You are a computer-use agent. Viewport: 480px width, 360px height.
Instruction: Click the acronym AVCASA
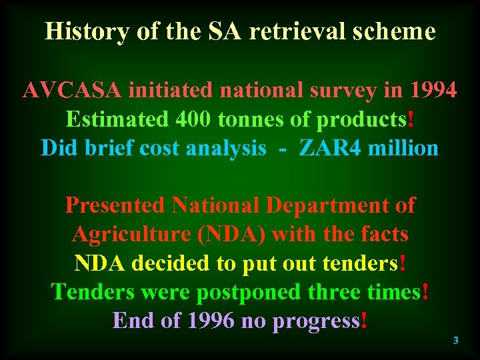tap(72, 89)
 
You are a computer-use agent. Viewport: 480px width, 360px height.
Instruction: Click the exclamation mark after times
tap(425, 292)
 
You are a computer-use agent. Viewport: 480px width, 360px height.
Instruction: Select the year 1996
tap(211, 321)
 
